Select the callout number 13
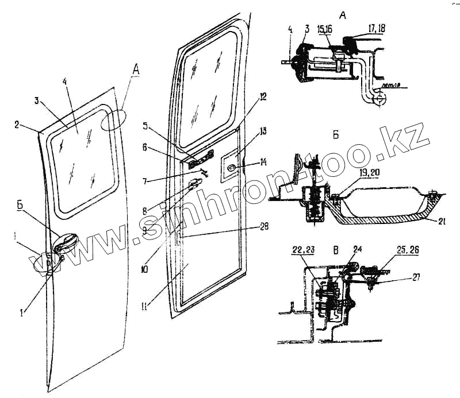click(x=263, y=132)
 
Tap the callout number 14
click(x=263, y=163)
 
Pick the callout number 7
click(x=145, y=181)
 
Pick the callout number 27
click(x=415, y=276)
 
